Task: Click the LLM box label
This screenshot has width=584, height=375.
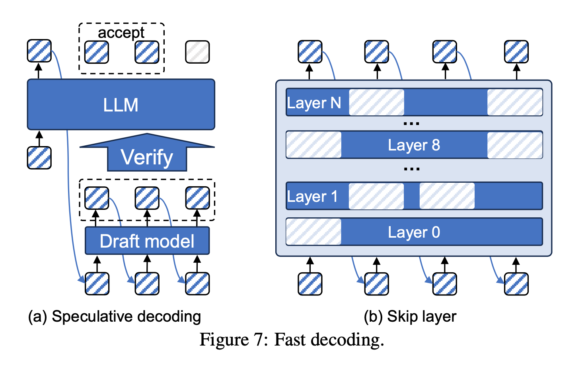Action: (x=121, y=105)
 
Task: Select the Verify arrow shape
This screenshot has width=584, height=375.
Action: (x=147, y=156)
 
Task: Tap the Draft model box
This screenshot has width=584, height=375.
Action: (x=147, y=241)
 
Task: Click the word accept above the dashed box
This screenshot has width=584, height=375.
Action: (x=121, y=33)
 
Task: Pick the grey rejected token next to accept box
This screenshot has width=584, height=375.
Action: (x=197, y=52)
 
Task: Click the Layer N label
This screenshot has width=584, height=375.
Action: (x=314, y=103)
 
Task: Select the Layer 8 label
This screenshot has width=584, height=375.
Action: (x=414, y=145)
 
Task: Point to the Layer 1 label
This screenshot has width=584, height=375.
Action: (x=312, y=196)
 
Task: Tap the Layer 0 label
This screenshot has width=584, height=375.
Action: (x=414, y=232)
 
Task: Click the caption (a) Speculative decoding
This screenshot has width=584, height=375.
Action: (x=115, y=316)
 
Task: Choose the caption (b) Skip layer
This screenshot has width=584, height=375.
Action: (x=410, y=316)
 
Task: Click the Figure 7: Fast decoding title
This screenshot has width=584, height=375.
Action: (x=292, y=340)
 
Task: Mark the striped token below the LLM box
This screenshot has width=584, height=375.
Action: (x=39, y=158)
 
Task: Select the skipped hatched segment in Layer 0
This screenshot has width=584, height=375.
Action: (x=313, y=232)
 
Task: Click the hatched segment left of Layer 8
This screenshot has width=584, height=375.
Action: (x=313, y=145)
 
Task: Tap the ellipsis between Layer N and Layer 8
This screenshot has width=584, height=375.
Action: (x=411, y=124)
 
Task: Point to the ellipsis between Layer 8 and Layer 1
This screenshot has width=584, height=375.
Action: (x=411, y=169)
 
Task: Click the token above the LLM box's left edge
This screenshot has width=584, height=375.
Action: (x=39, y=51)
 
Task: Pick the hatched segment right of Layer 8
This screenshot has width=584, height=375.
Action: (x=515, y=145)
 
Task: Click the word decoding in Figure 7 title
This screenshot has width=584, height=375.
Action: (x=347, y=340)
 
